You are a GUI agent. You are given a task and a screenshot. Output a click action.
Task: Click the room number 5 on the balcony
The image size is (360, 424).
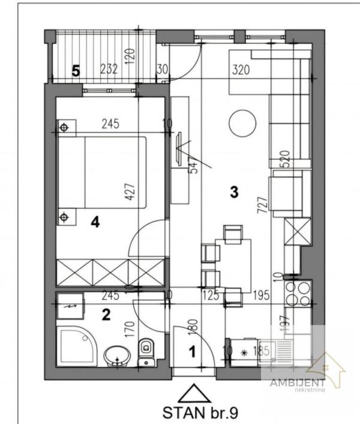tap(76, 71)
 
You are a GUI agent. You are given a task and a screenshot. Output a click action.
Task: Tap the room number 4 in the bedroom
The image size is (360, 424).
tap(95, 222)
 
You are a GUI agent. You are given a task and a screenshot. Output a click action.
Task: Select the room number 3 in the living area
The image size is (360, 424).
tap(235, 192)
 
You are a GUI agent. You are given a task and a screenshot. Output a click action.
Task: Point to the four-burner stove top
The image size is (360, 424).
tap(297, 294)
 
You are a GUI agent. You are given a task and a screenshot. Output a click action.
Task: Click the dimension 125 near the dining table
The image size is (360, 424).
tap(211, 295)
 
